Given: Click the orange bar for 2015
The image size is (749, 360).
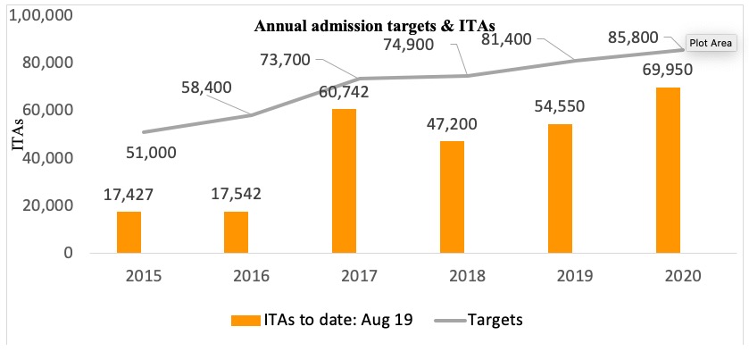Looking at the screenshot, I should click(x=129, y=231).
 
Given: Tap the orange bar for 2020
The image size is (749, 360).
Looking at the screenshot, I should click(x=667, y=170).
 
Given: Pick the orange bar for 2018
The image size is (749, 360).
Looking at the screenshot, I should click(x=451, y=197).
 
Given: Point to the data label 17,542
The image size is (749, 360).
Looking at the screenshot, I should click(x=236, y=193).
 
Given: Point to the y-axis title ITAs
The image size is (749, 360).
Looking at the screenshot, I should click(x=17, y=134).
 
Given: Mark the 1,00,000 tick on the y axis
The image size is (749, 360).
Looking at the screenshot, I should click(x=41, y=16).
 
